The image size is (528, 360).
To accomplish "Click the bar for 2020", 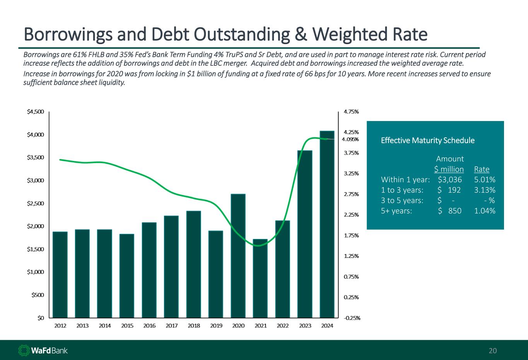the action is coord(238,256).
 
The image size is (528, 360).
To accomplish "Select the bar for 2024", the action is coord(327,224).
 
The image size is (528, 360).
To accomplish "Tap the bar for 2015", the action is coord(127,276).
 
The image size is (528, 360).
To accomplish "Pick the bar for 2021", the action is coord(260,278).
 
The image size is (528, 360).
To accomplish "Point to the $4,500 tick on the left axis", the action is coord(36,112).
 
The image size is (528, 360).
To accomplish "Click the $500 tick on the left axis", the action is coord(38,295).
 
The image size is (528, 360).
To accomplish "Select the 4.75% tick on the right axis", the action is coord(351,112).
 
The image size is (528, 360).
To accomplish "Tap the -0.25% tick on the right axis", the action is coord(352,318).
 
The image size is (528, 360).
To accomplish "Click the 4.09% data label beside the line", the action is coord(350,140).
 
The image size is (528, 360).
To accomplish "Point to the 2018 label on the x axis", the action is coord(194,326).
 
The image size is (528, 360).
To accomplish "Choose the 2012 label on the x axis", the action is coord(60,326).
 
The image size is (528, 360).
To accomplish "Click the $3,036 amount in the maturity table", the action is coord(450,179).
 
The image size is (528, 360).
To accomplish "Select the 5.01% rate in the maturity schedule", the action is coord(485,179).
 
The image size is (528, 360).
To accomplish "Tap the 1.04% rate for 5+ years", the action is coord(485,211).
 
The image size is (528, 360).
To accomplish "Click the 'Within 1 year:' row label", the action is coord(405,179).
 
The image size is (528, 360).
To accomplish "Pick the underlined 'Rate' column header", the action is coord(482,169).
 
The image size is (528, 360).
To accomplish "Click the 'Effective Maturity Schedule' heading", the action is coord(427,140).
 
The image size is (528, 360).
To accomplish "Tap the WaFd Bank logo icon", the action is coord(24,350).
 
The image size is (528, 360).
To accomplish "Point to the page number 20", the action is coord(493,351).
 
